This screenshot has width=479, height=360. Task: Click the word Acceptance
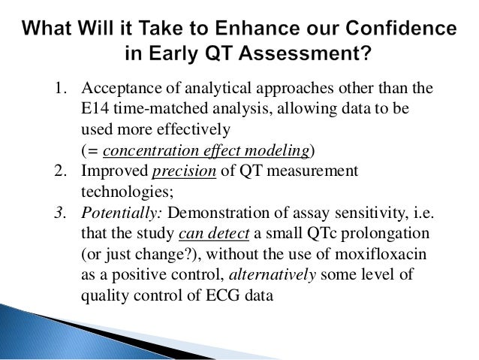(x=118, y=89)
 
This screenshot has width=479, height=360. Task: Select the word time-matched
(x=150, y=109)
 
